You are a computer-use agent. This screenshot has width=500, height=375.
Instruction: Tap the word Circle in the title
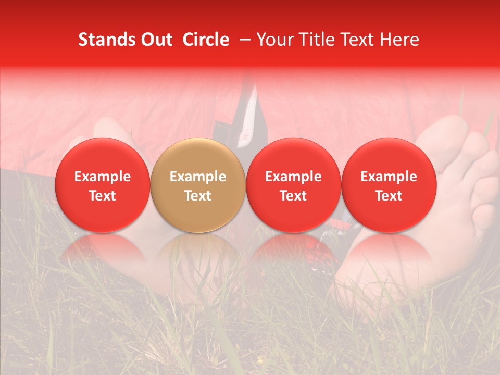pos(206,40)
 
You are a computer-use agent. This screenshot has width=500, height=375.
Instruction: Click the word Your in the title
pos(274,40)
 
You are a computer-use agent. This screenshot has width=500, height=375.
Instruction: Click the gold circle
pos(197,185)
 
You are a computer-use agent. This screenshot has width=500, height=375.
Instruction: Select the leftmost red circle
pos(102,185)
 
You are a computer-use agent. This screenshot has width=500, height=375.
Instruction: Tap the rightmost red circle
pos(389,185)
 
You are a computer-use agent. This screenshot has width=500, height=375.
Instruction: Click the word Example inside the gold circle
pos(198,177)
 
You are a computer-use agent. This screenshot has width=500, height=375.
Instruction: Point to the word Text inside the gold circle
pos(198,196)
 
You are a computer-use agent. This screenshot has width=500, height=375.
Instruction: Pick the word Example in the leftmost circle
pos(103,177)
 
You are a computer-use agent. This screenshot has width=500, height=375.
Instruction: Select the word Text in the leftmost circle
pos(103,196)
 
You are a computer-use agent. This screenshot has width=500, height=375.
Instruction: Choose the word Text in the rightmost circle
pos(389,196)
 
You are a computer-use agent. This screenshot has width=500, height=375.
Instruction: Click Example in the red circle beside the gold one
pos(293,177)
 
